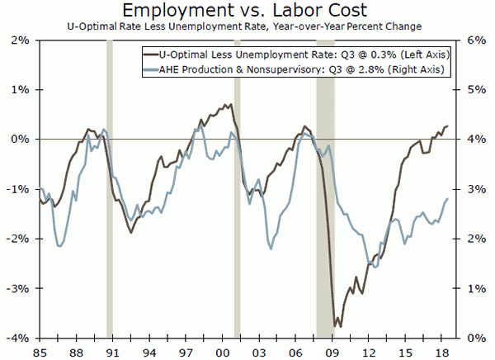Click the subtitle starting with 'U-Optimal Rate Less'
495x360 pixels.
pos(247,27)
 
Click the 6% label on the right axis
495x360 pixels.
pos(474,40)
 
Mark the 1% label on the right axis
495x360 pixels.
pos(474,288)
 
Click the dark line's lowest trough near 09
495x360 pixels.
pos(335,326)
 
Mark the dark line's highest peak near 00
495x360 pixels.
pos(227,104)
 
